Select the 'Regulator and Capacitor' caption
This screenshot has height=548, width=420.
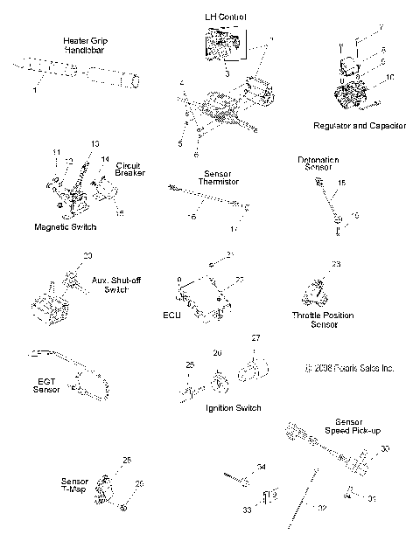click(x=359, y=126)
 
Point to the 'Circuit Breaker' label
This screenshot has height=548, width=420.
click(x=129, y=169)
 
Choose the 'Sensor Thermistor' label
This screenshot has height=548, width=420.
click(x=215, y=177)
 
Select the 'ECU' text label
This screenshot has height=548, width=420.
click(x=171, y=316)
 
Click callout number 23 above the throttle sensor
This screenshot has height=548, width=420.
click(x=335, y=263)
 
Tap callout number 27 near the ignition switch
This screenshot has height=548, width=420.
click(x=256, y=337)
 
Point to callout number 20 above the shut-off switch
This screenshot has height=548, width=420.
click(x=87, y=255)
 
